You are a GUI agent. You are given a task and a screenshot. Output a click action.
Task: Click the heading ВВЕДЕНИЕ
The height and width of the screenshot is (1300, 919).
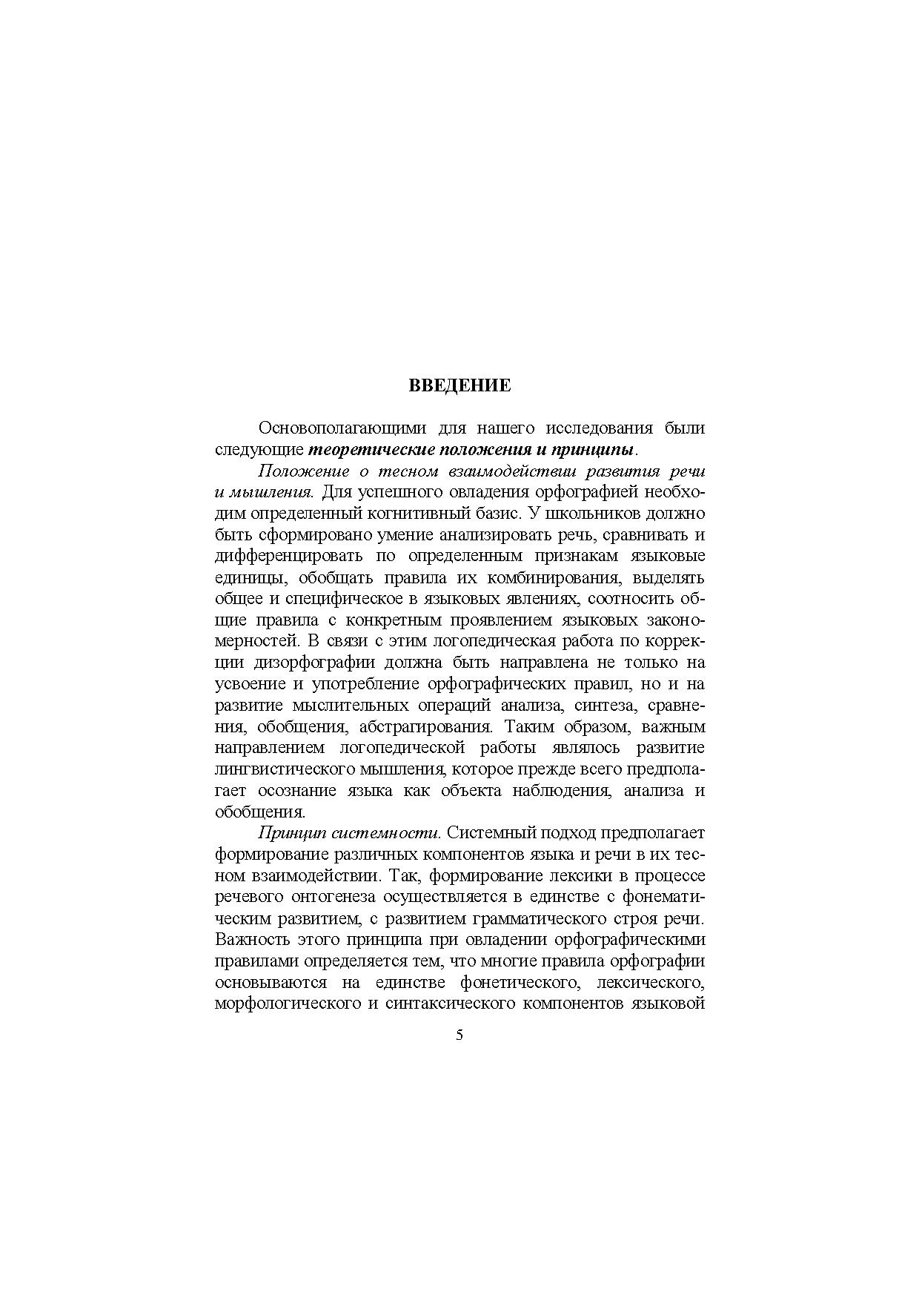point(459,385)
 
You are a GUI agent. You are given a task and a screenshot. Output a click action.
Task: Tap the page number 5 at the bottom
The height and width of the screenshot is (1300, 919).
point(459,1035)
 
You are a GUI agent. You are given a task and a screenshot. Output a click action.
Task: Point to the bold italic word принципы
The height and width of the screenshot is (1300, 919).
point(599,450)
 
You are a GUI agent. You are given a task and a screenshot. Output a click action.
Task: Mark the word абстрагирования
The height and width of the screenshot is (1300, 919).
point(424,726)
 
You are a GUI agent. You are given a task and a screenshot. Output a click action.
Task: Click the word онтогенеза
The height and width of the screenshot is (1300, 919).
point(334,898)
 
